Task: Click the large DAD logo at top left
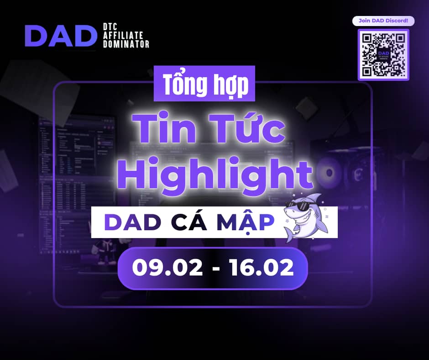[61, 36]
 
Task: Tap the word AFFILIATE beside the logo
[123, 35]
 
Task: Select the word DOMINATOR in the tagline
[126, 44]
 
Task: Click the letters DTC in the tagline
[110, 26]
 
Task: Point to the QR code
[383, 55]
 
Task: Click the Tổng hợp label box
[204, 84]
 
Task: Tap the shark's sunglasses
[296, 205]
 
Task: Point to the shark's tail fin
[289, 235]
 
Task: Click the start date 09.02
[167, 268]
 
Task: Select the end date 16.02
[262, 268]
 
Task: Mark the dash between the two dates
[216, 269]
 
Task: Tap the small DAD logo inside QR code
[383, 54]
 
